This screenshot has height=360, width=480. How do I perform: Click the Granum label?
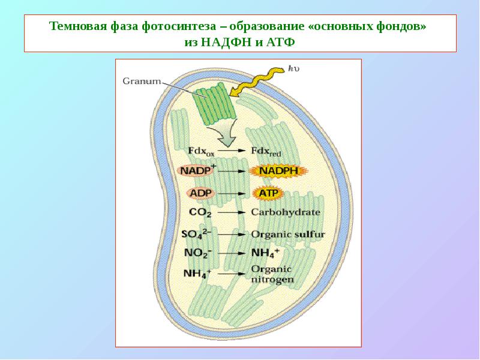[142, 81]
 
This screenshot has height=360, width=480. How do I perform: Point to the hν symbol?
[293, 68]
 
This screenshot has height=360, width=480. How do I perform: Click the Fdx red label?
[266, 151]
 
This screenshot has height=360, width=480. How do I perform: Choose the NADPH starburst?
[278, 171]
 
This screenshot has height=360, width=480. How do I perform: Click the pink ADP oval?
[201, 193]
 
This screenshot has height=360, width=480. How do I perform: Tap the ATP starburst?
[268, 193]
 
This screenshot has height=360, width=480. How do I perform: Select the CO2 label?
[200, 212]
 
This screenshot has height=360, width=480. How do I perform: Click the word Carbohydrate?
[286, 212]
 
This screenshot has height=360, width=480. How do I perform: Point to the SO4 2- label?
[196, 234]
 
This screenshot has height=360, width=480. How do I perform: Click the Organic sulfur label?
[288, 235]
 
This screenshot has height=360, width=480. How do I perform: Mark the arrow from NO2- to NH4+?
[232, 253]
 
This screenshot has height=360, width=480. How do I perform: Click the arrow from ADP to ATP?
[232, 194]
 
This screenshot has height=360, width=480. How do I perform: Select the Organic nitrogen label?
[272, 274]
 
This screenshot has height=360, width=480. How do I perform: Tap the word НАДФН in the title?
[225, 41]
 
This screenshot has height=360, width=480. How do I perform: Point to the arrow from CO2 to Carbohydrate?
[232, 212]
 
